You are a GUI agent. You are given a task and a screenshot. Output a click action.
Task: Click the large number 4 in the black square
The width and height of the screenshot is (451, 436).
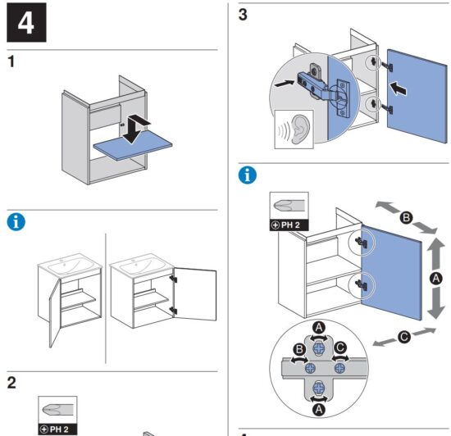point(26,23)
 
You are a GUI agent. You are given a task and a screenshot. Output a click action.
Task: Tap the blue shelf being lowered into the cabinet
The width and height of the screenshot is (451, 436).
point(133,147)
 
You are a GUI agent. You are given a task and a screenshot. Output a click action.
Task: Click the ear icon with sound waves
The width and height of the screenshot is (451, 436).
point(294,129)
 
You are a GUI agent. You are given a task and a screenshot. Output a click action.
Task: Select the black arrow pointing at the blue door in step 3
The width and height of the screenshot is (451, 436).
point(398,89)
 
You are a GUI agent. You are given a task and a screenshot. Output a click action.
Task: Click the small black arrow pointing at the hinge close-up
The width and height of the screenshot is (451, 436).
point(285,84)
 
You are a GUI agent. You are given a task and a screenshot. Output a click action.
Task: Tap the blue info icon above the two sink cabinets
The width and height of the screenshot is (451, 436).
point(16,222)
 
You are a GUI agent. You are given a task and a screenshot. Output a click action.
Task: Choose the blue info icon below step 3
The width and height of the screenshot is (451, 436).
point(248,175)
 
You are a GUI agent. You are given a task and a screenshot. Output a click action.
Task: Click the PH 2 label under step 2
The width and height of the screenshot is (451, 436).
point(58,429)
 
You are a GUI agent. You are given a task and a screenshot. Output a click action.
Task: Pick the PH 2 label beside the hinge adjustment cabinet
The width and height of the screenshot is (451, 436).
point(289,225)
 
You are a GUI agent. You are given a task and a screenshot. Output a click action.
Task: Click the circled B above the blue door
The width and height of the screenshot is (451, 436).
point(406,217)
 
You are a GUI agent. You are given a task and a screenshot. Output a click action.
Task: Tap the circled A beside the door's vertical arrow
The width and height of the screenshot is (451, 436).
point(436,278)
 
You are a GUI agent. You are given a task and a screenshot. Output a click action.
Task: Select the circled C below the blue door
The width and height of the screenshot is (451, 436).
point(404,337)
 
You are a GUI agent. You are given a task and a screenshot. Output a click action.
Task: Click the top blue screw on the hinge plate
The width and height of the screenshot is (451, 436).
point(319,348)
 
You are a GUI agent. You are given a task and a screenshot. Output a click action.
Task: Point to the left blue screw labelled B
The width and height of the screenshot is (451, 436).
point(310,368)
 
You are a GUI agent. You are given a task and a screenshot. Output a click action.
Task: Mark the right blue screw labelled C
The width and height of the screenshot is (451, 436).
point(339,368)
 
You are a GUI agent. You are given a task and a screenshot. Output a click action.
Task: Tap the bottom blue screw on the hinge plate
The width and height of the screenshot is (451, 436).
point(319,388)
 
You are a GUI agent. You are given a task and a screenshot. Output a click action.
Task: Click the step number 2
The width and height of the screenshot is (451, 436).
point(11,383)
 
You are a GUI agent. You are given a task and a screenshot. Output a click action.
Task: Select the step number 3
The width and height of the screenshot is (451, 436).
point(243,15)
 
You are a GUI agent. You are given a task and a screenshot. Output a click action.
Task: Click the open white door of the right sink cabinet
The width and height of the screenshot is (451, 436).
point(195,294)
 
